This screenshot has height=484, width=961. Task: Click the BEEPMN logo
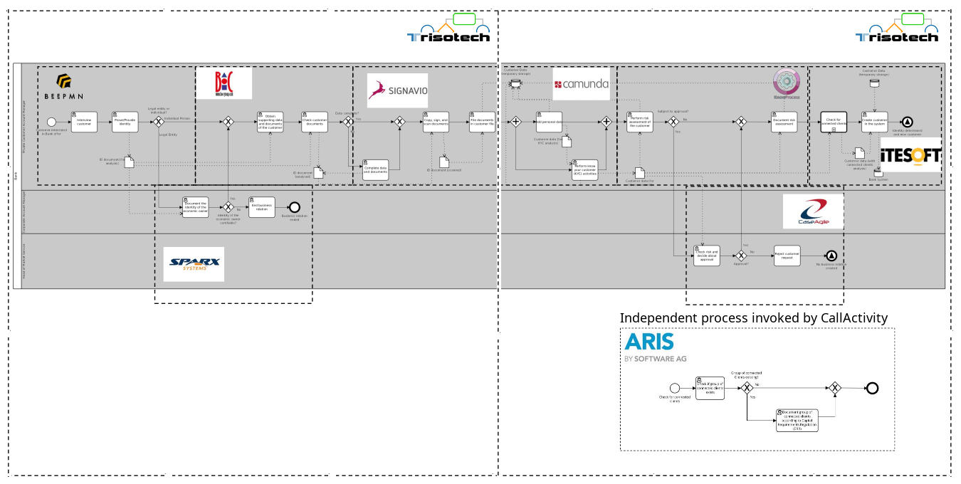64,86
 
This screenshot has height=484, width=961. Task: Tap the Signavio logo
397,90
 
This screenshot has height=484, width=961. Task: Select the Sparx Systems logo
194,264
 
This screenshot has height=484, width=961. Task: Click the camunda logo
582,84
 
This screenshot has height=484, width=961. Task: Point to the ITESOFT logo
911,154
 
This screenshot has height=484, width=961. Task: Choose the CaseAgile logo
813,211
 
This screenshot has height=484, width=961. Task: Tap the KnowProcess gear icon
787,80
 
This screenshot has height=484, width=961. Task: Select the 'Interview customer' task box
84,122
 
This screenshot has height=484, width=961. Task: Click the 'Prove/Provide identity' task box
125,122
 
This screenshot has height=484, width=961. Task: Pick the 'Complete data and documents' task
375,170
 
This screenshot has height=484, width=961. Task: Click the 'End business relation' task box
261,207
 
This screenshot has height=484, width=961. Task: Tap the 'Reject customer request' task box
787,256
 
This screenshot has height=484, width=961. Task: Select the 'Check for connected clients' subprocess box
834,122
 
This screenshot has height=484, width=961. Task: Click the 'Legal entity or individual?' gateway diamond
159,122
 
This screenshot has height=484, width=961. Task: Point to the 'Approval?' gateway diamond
741,256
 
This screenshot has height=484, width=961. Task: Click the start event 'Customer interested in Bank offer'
51,122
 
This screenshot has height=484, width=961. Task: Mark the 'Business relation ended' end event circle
294,207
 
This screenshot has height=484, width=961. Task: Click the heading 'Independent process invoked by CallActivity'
753,317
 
